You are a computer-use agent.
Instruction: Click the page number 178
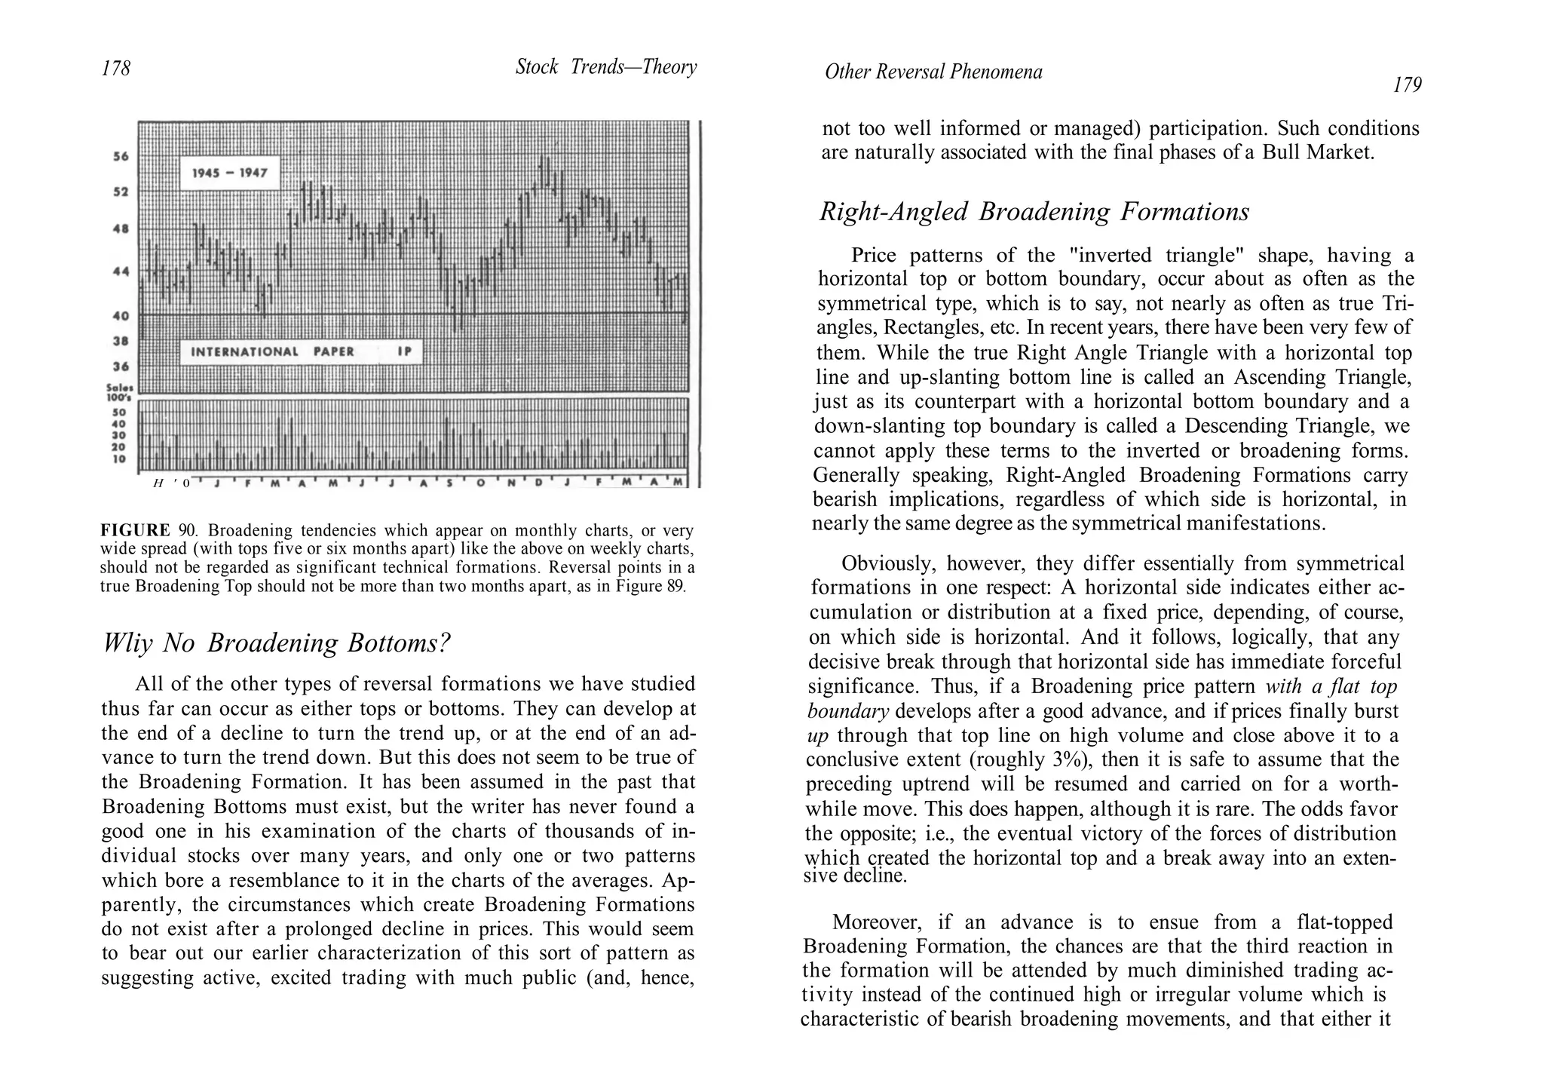116,69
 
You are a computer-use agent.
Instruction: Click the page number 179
1407,85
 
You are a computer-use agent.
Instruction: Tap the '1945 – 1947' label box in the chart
230,173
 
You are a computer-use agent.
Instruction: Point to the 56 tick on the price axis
121,157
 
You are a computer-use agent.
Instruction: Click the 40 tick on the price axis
121,316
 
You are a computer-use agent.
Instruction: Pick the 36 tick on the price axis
121,367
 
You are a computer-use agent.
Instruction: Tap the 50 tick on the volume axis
120,413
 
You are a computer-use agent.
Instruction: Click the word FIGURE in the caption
135,530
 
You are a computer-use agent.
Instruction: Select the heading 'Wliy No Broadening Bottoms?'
276,643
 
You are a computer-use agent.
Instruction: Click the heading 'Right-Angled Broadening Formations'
1034,212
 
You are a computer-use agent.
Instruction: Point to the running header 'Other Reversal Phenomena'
933,72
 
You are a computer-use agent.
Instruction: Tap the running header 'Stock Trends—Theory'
606,68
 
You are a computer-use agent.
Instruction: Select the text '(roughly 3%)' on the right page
1003,760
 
